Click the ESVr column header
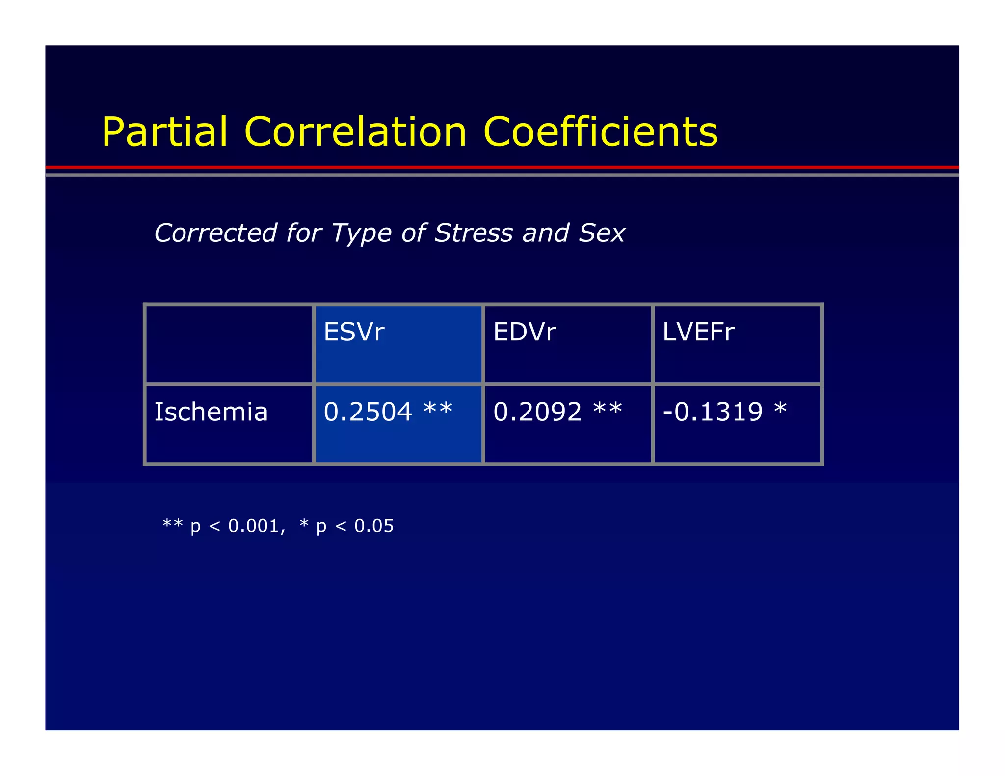(354, 332)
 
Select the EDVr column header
(524, 332)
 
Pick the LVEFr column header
(698, 332)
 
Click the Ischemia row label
(211, 412)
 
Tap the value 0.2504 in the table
(368, 412)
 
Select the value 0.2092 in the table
(537, 412)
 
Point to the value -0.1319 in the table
(713, 412)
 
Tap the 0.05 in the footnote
(374, 526)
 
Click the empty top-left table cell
(229, 343)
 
